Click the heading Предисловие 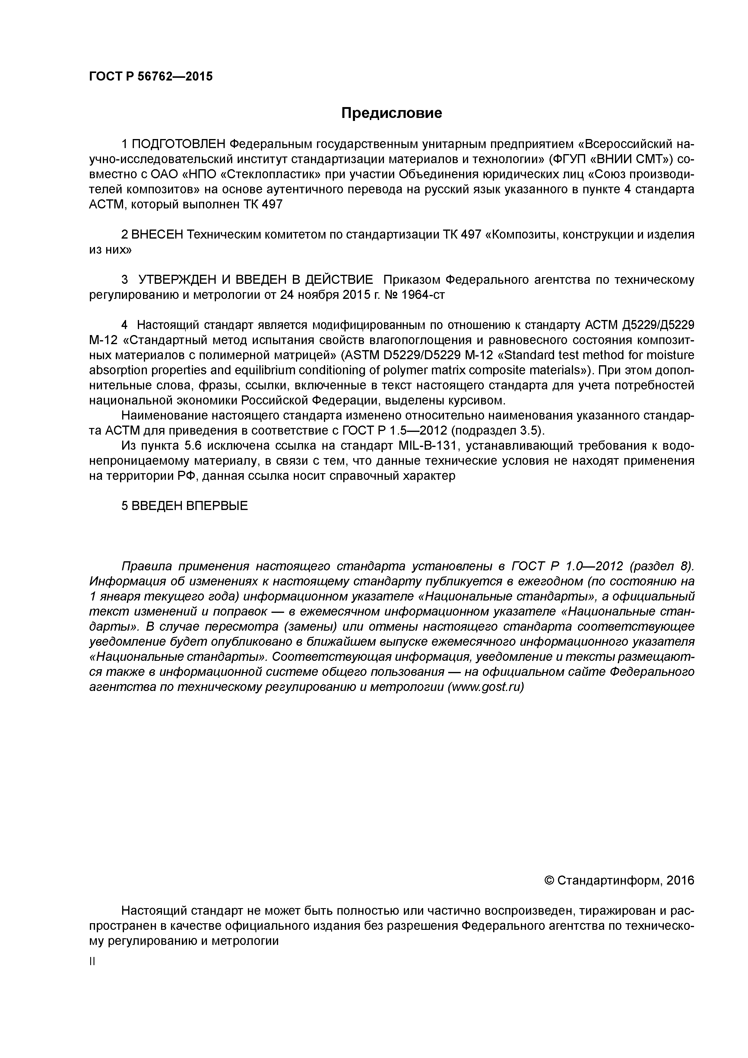tap(391, 113)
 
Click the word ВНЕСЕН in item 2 tap(157, 235)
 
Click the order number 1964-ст tap(423, 295)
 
